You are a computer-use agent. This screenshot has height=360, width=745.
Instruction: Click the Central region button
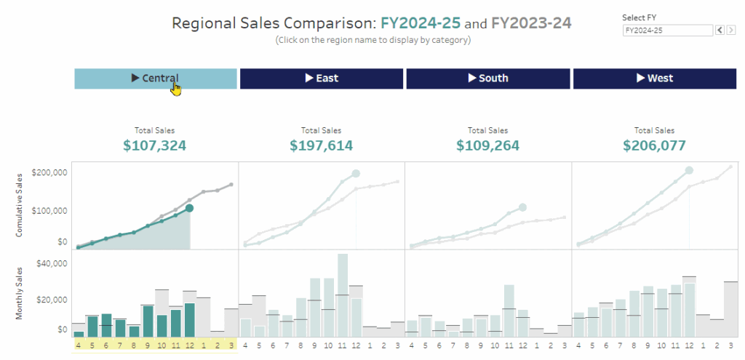pos(155,79)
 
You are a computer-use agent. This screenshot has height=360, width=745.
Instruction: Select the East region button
pos(321,79)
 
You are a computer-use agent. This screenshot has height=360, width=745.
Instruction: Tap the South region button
pos(487,79)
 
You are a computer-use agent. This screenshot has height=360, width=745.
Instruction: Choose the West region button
pos(655,79)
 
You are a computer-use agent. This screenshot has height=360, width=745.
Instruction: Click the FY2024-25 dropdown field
pos(666,31)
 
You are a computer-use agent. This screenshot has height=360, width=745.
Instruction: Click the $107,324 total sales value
pos(154,145)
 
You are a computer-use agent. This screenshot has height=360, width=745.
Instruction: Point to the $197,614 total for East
pos(321,145)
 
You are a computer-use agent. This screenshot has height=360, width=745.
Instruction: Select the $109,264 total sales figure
pos(487,145)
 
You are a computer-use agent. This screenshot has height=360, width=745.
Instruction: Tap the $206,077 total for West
pos(655,145)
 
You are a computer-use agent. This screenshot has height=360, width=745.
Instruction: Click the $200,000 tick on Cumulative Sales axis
pos(51,173)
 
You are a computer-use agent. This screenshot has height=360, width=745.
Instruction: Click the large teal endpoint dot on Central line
pos(189,208)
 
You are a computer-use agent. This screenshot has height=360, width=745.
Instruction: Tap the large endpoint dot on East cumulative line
pos(356,173)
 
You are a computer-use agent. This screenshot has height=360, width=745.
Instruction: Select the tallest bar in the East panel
pos(343,295)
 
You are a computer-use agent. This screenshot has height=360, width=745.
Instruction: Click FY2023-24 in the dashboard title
pos(531,23)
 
